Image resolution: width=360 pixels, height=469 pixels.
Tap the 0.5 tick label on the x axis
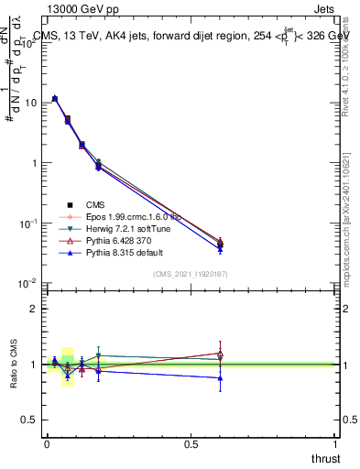191,443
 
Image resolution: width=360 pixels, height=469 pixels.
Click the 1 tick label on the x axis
336,443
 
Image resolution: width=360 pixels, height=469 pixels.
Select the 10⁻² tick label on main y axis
27,284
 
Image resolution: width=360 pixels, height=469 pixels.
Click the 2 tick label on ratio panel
33,309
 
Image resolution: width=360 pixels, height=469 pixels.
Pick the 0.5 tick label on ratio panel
29,420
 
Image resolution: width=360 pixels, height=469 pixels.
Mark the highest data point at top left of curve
55,98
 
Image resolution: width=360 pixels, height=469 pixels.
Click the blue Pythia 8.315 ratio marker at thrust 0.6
220,377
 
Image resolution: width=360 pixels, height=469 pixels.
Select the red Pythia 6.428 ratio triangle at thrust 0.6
220,354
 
